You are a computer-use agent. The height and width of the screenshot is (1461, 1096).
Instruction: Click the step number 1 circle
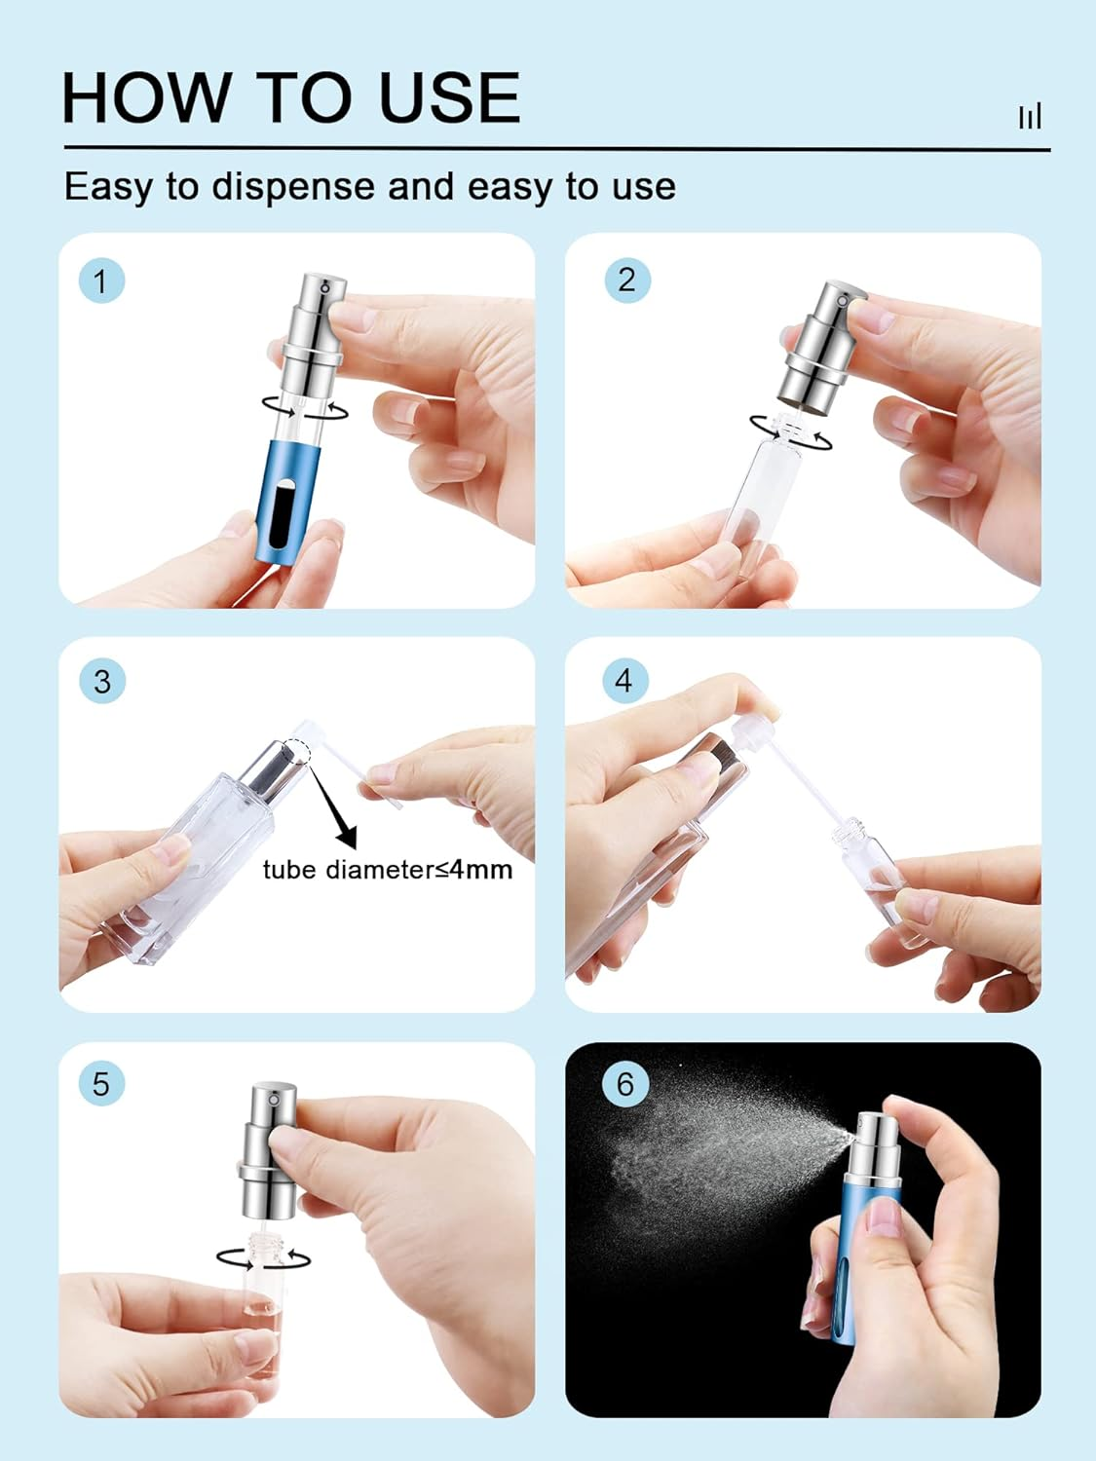click(100, 282)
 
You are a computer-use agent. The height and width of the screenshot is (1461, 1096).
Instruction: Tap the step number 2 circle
click(626, 281)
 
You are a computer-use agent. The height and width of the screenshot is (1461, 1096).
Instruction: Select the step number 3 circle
click(101, 681)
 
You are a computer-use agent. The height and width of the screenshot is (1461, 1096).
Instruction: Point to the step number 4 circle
click(624, 680)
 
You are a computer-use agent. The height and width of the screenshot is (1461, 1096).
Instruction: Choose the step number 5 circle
click(101, 1083)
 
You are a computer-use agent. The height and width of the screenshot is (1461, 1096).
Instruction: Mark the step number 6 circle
click(624, 1083)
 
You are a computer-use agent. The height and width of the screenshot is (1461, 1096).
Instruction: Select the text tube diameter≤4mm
click(387, 869)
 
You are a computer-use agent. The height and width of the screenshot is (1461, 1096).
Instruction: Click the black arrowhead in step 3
click(346, 836)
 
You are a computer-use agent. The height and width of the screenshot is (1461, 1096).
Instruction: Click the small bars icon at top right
click(1030, 116)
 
